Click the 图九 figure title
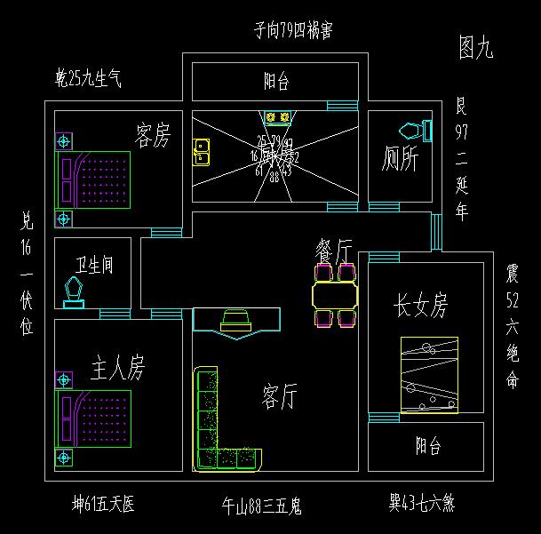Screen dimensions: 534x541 pyautogui.click(x=475, y=48)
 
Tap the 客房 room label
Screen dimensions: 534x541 pyautogui.click(x=152, y=136)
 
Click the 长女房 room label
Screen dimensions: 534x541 pyautogui.click(x=420, y=307)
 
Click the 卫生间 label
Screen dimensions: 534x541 pyautogui.click(x=93, y=266)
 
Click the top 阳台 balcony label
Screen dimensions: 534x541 pyautogui.click(x=276, y=82)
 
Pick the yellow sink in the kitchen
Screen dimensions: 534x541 pyautogui.click(x=202, y=152)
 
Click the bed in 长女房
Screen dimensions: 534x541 pyautogui.click(x=429, y=375)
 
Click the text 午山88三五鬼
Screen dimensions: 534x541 pyautogui.click(x=262, y=506)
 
